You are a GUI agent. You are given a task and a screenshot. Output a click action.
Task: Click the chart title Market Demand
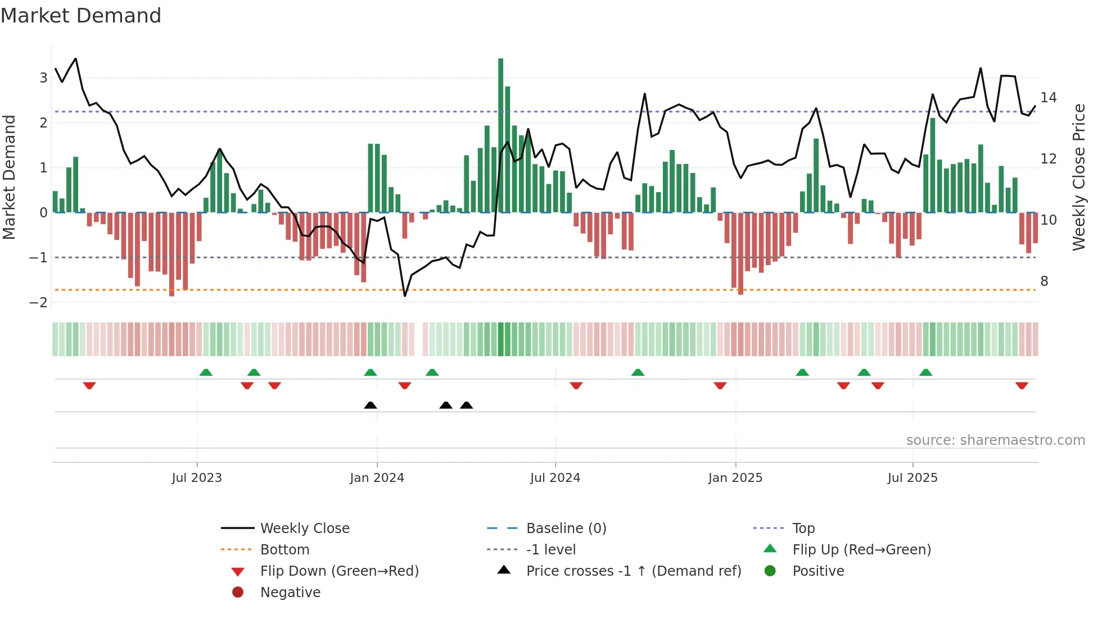81,16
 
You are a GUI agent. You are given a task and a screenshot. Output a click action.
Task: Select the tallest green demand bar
500,135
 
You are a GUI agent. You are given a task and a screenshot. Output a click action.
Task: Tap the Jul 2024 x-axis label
555,478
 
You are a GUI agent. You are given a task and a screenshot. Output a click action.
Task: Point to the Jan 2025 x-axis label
735,478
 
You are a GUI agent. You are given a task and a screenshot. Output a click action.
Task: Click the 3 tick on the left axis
43,78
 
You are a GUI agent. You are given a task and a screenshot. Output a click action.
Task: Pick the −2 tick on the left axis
39,303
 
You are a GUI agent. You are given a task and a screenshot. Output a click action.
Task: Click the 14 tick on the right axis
1048,98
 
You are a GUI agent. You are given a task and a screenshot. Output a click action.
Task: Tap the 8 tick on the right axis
1044,281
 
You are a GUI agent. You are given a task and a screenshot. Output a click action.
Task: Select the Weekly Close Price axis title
1078,177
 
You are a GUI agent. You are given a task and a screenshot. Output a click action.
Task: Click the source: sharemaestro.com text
995,440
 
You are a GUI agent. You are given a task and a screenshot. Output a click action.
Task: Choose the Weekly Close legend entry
304,529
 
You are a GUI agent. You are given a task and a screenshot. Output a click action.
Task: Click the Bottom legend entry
284,550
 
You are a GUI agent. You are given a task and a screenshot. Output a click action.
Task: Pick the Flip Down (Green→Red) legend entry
339,571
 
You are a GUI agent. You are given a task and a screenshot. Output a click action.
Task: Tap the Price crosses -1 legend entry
633,571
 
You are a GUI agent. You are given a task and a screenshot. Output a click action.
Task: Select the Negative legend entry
290,593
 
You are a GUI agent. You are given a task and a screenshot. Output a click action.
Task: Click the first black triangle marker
371,405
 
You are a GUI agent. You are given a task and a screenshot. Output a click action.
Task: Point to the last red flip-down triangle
1022,385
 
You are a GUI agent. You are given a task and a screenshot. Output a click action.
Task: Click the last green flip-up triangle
925,372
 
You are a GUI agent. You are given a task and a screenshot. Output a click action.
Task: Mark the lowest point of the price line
405,296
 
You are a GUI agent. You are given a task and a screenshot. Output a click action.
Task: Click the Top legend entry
803,529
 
